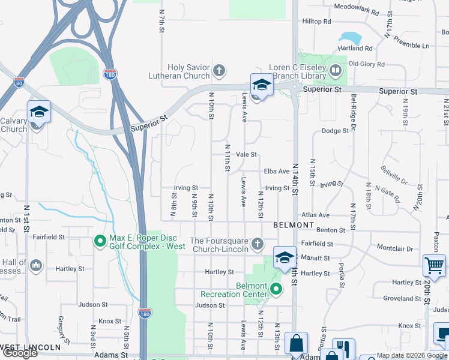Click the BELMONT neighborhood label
coord(294,225)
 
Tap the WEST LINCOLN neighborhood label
coord(31,347)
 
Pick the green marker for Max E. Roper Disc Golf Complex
coord(101,242)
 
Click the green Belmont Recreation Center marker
coord(276,290)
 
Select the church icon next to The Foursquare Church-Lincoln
coord(258,244)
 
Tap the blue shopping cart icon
coord(434,264)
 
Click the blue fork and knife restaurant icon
coord(343,348)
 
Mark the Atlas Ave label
coord(316,215)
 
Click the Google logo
coord(20,353)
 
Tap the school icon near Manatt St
coord(285,257)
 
